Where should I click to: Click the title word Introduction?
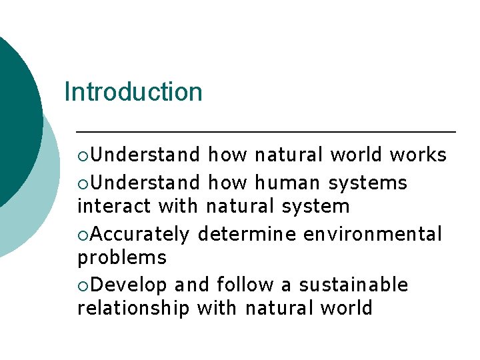133,92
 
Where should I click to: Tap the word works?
418,155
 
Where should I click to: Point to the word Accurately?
140,235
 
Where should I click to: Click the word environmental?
372,235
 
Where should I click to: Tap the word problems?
122,258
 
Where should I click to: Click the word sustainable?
353,285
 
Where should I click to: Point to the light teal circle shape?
40,220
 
